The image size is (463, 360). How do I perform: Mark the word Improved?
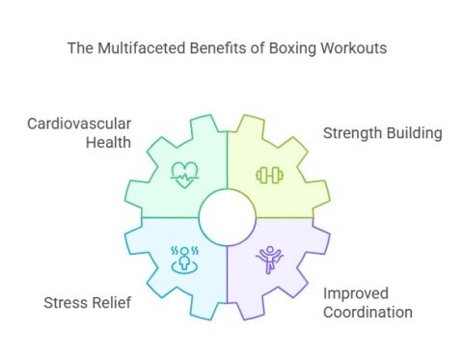coord(360,293)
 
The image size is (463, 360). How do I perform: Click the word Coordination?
coord(368,313)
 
